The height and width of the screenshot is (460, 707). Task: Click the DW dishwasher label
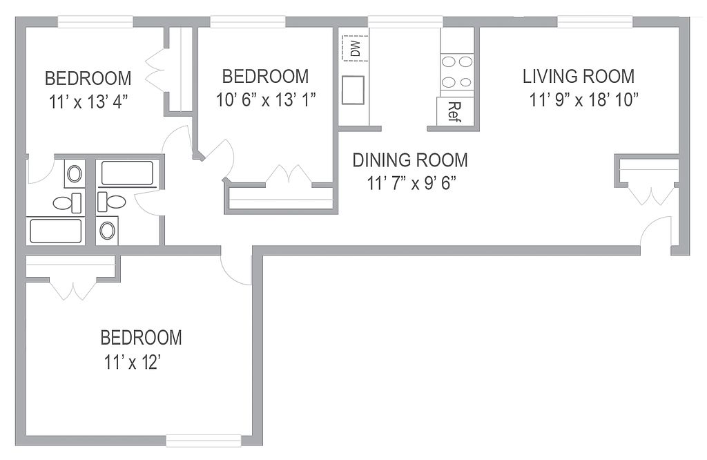[x=356, y=48]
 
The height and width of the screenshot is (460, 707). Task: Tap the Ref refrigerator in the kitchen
[x=455, y=111]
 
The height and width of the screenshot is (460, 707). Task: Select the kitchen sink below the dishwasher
[x=353, y=90]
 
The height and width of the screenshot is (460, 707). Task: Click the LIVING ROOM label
[x=579, y=76]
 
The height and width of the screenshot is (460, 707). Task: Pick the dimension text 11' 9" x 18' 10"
[x=584, y=99]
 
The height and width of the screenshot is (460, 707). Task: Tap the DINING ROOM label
[x=410, y=160]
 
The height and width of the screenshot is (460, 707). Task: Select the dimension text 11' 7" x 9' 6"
[x=411, y=183]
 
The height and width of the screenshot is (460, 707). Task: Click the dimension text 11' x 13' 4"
[x=88, y=102]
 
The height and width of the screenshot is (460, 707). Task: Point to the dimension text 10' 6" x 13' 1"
[x=266, y=99]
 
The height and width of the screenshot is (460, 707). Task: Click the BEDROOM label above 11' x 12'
[x=141, y=338]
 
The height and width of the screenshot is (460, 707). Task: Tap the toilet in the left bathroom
[x=68, y=202]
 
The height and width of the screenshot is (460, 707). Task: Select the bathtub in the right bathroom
[x=127, y=173]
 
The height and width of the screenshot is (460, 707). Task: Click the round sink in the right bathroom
[x=107, y=231]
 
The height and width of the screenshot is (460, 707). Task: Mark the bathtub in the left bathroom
[x=56, y=231]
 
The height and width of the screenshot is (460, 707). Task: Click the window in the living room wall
[x=595, y=21]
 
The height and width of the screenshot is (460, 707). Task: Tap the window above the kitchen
[x=406, y=21]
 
